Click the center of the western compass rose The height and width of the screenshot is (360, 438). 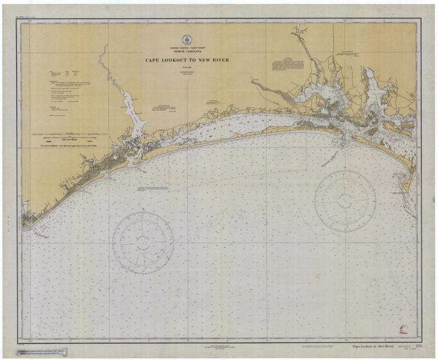[x=143, y=240]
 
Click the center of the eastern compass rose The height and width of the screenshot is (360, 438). [x=345, y=200]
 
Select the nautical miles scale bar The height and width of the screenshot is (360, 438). [x=69, y=135]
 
